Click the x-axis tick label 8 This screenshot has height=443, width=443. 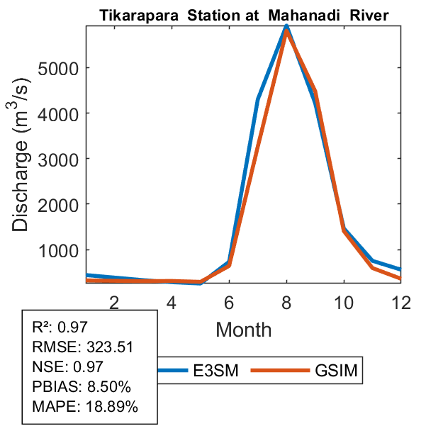click(286, 301)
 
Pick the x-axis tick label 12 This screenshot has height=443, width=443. click(401, 301)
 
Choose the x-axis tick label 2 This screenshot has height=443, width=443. click(114, 301)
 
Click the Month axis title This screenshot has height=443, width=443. click(244, 329)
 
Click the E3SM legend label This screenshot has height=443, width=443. click(215, 371)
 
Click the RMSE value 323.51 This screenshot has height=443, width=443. click(111, 347)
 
